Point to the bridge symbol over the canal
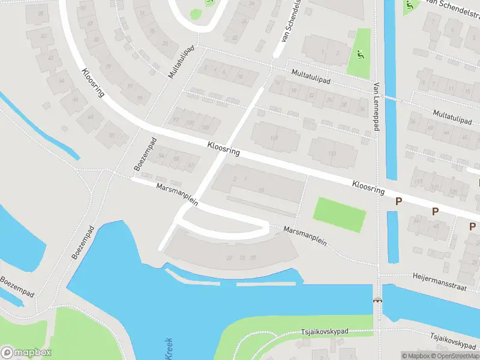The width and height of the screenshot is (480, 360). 378,300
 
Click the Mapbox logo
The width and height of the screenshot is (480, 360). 26,353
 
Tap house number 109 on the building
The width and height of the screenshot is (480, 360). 274,138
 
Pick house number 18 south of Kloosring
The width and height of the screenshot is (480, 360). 261,190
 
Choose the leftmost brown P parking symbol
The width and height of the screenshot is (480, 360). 398,202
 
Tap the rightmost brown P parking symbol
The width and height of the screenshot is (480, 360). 472,226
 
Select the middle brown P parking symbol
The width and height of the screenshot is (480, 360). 436,211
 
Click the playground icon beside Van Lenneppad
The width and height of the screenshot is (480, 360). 359,55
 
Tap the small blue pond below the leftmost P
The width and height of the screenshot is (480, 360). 393,236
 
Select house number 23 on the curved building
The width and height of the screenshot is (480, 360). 242,257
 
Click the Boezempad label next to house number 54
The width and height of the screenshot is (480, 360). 145,154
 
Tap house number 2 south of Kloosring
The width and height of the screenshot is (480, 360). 235,179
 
